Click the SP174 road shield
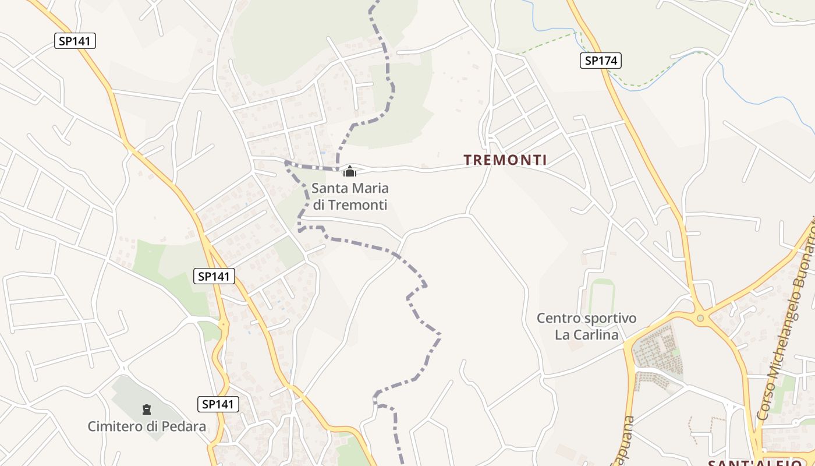[601, 60]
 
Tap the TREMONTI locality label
[505, 160]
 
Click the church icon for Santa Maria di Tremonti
[350, 171]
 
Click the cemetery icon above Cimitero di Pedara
[147, 409]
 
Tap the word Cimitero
[115, 426]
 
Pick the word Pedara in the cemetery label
[186, 426]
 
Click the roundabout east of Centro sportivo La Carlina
[701, 318]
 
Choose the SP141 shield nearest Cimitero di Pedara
[218, 404]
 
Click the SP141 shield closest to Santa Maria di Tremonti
[214, 276]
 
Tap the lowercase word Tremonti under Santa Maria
[358, 205]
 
